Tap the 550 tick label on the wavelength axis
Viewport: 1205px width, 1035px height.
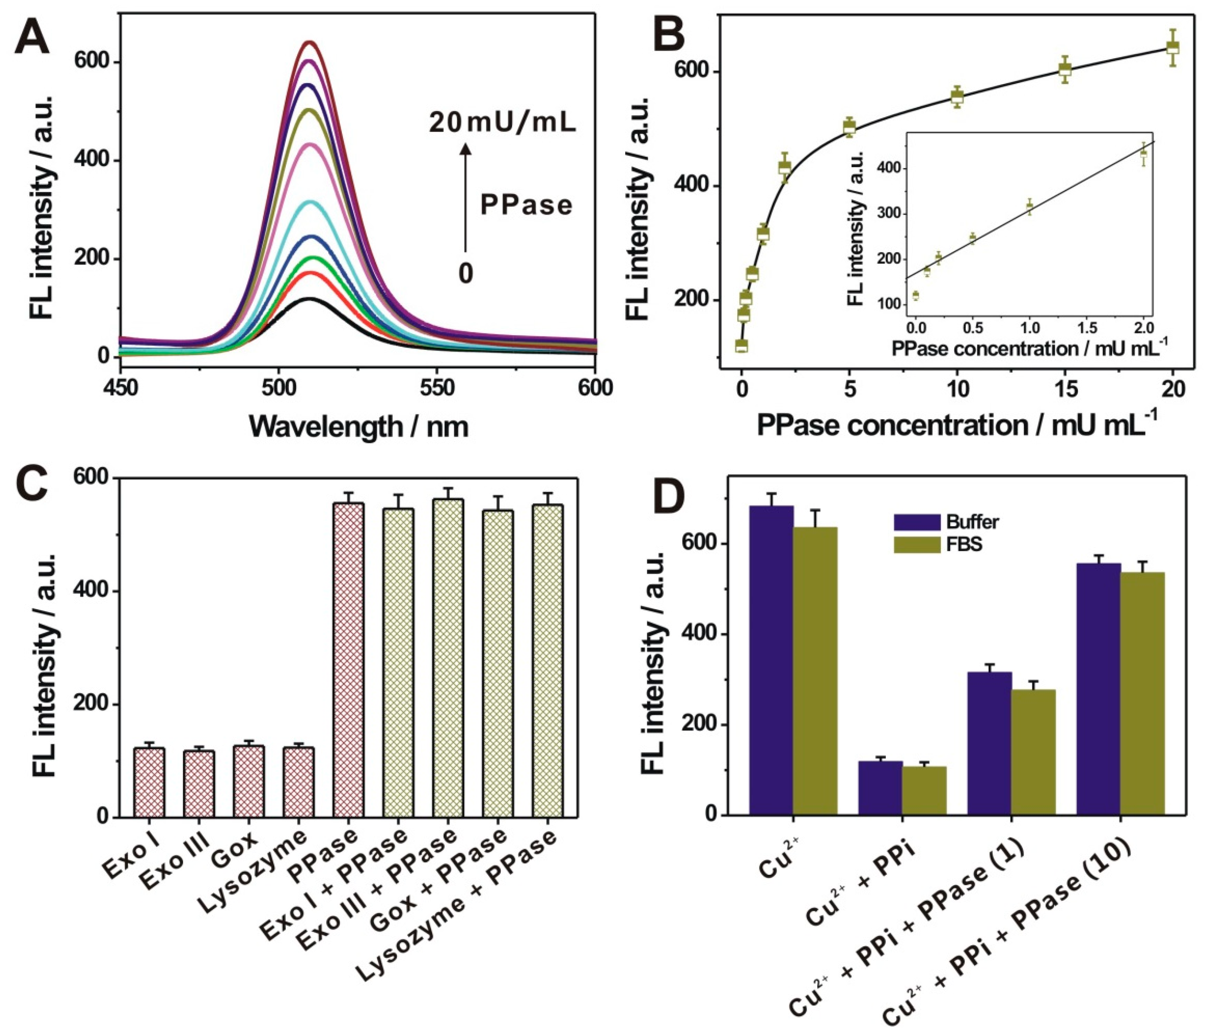(x=437, y=387)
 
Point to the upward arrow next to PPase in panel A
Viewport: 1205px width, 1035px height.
(x=465, y=198)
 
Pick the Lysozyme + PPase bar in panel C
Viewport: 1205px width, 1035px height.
(x=547, y=661)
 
